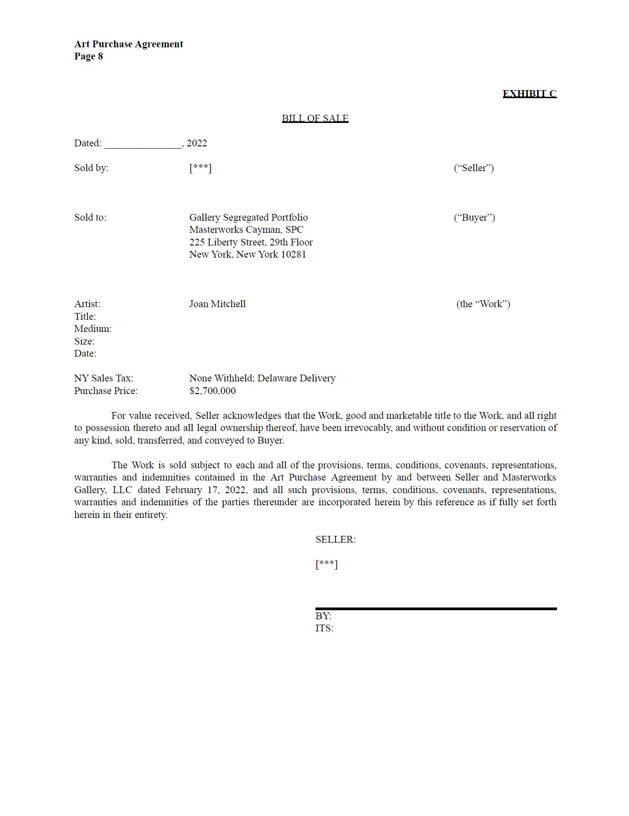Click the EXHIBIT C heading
[x=529, y=94]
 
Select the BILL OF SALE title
[x=315, y=118]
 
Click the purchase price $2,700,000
[x=212, y=391]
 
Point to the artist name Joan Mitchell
[x=217, y=304]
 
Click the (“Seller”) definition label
[x=473, y=168]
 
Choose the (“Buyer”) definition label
[x=474, y=218]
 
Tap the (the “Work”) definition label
[x=483, y=304]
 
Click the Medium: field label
[x=93, y=329]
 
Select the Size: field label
[x=84, y=341]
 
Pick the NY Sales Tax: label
[x=103, y=378]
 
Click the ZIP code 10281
[x=293, y=254]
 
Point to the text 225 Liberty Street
[x=228, y=242]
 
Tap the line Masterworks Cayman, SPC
[x=246, y=230]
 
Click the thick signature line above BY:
[x=436, y=609]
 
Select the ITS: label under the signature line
[x=324, y=628]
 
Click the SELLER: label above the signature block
[x=335, y=539]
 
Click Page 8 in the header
[x=89, y=56]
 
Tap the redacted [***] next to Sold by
[x=200, y=168]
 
